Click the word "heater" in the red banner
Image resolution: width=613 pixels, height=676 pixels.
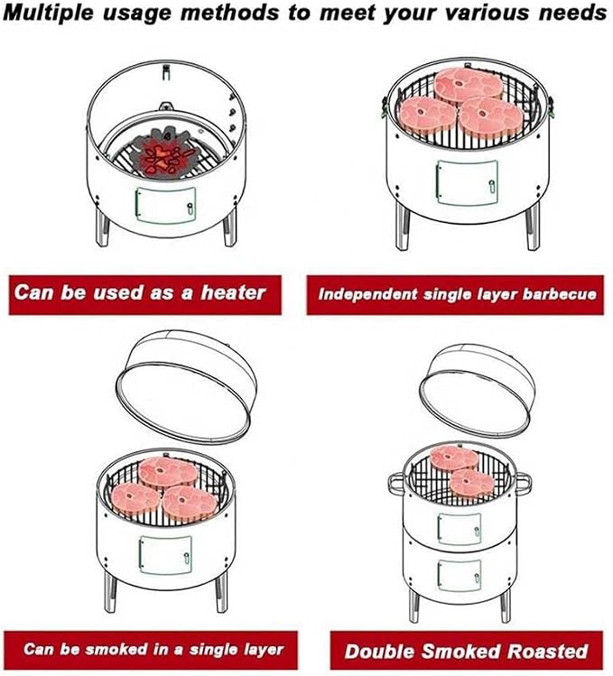click(x=233, y=293)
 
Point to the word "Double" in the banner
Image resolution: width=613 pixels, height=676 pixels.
click(x=380, y=652)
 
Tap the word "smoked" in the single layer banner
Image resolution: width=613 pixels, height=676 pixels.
click(x=110, y=649)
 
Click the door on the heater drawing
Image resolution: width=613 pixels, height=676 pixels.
click(x=166, y=205)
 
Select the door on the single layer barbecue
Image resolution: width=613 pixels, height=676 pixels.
click(x=467, y=182)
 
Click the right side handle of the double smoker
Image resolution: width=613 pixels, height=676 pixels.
click(x=524, y=482)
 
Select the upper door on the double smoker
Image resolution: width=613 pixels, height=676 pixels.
click(x=459, y=528)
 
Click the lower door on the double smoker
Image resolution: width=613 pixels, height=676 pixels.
click(x=459, y=576)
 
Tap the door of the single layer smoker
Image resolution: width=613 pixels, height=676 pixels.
click(x=165, y=555)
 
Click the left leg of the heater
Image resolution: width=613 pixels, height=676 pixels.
click(x=102, y=227)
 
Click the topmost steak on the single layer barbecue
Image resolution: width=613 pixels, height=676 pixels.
click(x=469, y=86)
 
